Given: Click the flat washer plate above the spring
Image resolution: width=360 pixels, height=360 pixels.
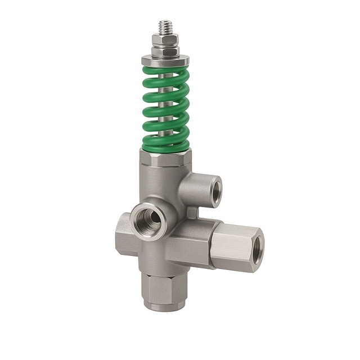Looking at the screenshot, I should coord(166,60).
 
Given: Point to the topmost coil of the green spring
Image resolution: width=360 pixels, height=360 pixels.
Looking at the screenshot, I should coord(166,71).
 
